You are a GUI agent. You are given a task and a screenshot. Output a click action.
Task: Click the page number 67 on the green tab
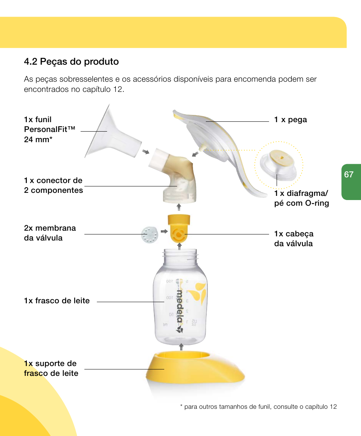point(349,175)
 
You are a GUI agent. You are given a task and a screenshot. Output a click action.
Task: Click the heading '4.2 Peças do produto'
point(71,62)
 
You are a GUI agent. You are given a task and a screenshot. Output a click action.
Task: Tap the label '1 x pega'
point(291,120)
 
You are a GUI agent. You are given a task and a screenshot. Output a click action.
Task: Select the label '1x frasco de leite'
point(57,301)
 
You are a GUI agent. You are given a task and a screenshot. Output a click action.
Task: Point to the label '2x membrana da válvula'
point(50,233)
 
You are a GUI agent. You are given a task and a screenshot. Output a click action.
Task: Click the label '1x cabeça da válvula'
point(294,239)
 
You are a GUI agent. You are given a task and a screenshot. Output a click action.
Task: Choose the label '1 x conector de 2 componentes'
point(53,185)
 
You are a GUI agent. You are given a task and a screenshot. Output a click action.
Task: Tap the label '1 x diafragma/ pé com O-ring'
point(302,198)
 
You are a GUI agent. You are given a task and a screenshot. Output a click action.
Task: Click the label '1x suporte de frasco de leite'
point(51,368)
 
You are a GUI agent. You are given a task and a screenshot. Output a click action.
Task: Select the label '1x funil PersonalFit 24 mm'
point(50,130)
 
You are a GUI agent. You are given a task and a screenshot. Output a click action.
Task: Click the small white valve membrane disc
point(149,236)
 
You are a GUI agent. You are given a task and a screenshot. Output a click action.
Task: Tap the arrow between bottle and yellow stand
point(181,346)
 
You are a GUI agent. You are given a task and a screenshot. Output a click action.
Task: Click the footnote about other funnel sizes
point(258,407)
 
